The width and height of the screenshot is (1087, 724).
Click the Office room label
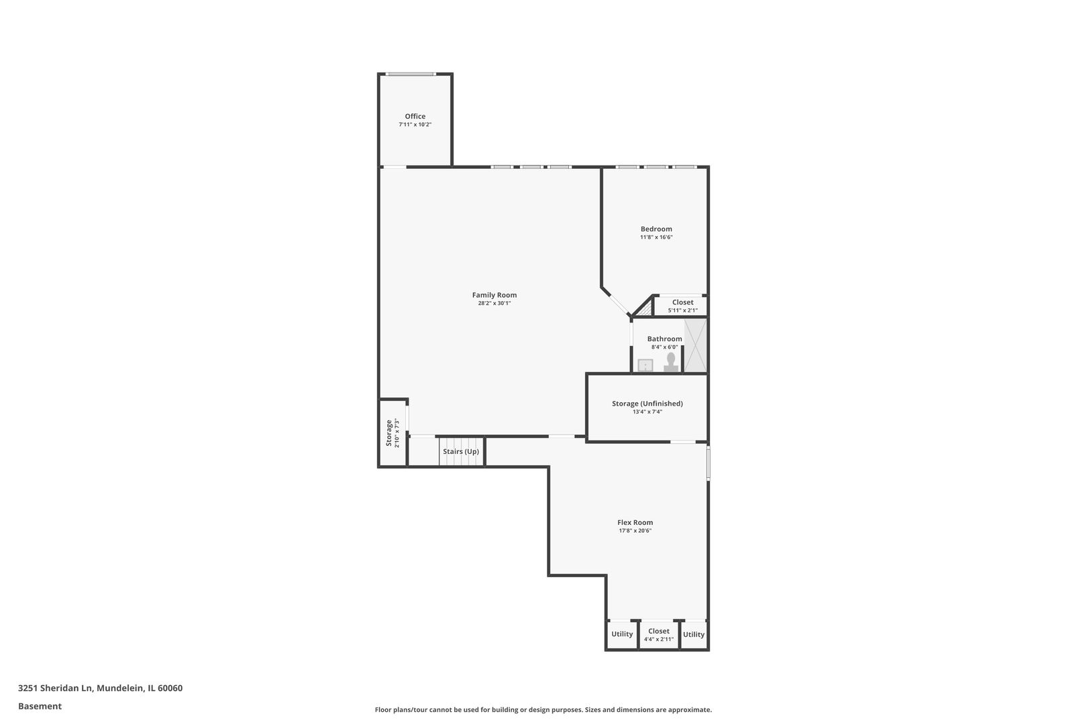tap(415, 117)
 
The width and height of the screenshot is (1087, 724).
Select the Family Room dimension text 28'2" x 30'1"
tap(494, 304)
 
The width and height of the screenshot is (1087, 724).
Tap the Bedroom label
tap(656, 229)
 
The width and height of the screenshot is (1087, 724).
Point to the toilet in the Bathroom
tap(670, 362)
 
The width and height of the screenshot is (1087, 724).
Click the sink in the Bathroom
tap(645, 365)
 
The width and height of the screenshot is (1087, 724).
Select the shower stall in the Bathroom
tap(694, 345)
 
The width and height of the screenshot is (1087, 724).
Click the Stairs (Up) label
tap(461, 452)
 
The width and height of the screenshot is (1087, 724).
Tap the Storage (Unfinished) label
tap(647, 404)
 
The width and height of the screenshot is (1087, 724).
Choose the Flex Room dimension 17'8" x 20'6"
tap(635, 531)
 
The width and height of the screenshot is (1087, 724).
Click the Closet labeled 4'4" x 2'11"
tap(658, 635)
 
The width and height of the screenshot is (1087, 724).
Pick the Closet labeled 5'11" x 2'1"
tap(682, 306)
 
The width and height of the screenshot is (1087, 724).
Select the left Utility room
tap(622, 634)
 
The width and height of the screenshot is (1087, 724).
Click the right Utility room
tap(694, 634)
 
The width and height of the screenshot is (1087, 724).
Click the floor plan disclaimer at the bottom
tap(543, 709)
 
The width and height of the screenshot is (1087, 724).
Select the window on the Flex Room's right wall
tap(709, 463)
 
